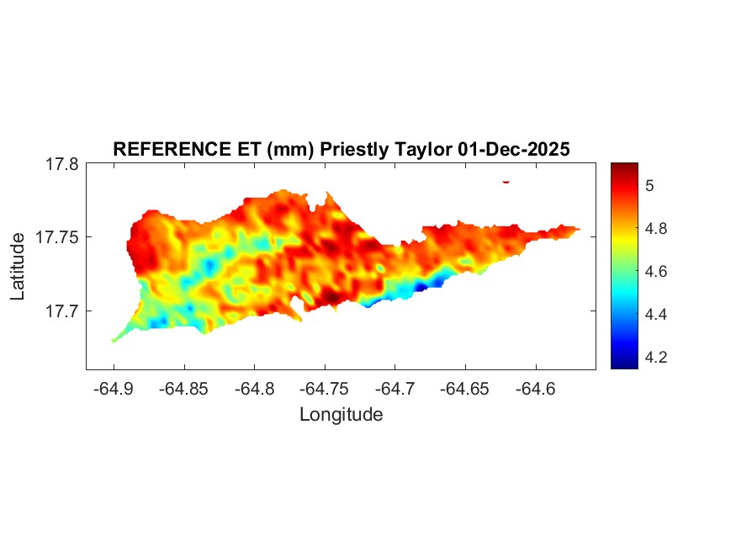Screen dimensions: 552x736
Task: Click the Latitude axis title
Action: pos(18,267)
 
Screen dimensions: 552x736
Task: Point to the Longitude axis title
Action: pos(341,414)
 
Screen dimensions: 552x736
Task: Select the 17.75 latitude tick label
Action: pos(57,238)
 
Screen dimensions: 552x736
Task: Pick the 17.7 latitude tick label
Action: pos(61,311)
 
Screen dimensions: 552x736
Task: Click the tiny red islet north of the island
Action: pos(506,181)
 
